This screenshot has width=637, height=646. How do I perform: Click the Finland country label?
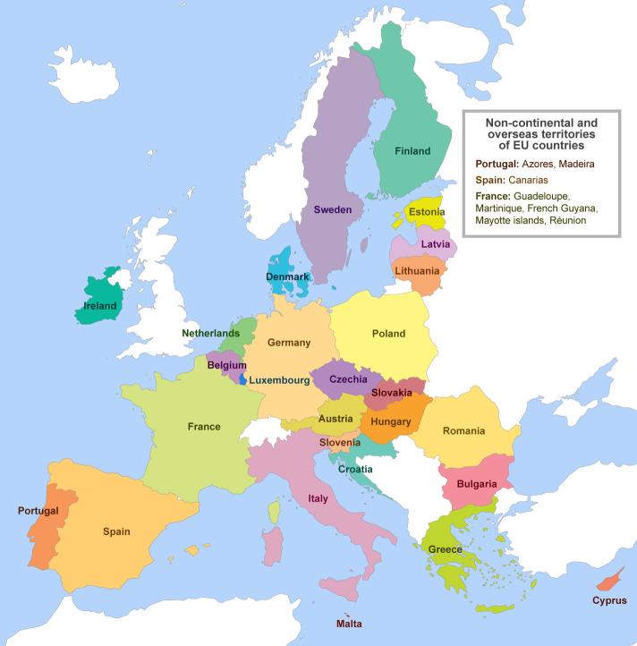(x=412, y=151)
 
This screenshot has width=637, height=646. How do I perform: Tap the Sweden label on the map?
(x=332, y=209)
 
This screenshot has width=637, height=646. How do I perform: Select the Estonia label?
(x=427, y=213)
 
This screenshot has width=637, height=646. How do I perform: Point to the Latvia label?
(x=435, y=244)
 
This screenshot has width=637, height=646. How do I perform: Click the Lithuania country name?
(x=417, y=270)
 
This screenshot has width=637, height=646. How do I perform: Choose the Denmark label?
(x=287, y=277)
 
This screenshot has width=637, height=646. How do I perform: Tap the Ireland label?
(x=99, y=306)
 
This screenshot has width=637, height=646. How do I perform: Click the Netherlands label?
(x=211, y=333)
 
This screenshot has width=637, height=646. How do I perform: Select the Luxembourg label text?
(x=279, y=380)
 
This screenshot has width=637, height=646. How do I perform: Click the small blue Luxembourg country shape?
(x=242, y=379)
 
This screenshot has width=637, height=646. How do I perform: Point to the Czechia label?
(x=348, y=379)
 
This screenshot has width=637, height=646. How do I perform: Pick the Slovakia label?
(x=392, y=393)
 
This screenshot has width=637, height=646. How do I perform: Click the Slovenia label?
(x=340, y=442)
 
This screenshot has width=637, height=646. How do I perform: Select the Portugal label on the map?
(x=38, y=511)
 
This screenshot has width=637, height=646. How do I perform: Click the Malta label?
(x=349, y=624)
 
